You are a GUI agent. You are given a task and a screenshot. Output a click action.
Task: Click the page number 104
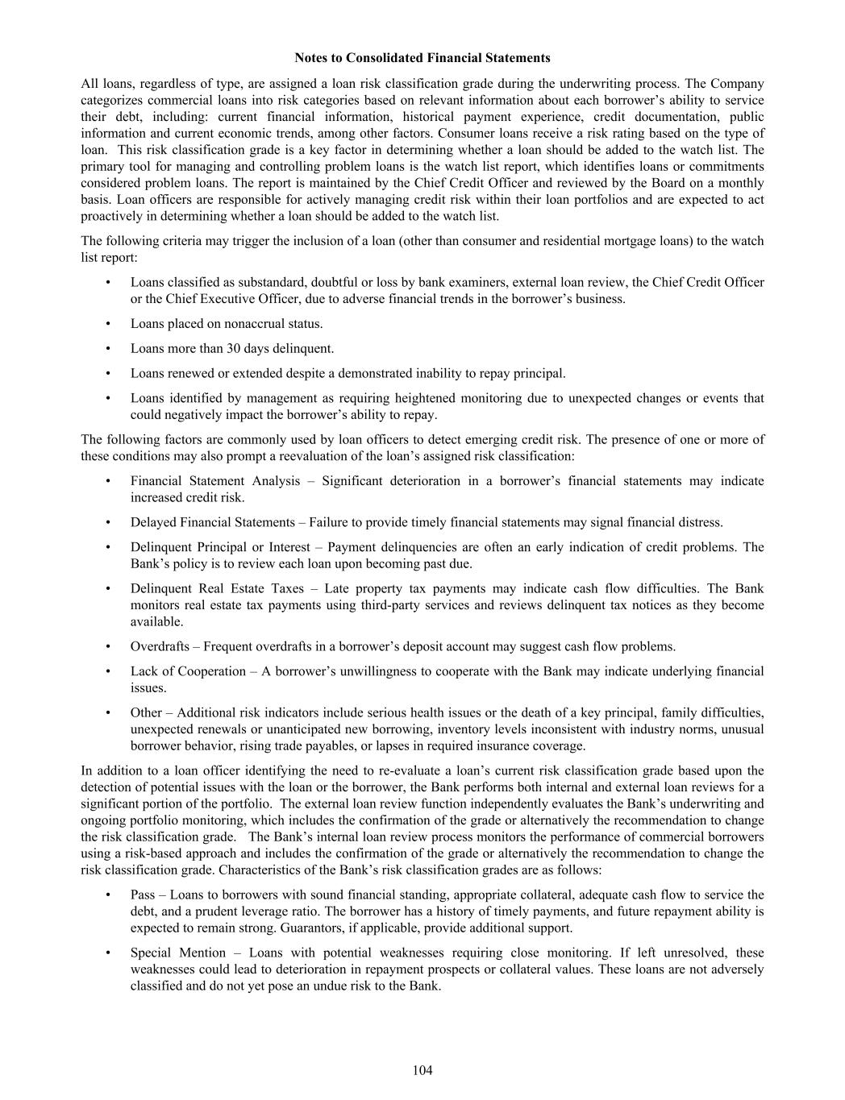tap(422, 1070)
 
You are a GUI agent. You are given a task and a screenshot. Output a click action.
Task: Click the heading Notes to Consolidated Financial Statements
tap(422, 58)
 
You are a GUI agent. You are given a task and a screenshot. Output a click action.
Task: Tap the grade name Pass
tap(143, 895)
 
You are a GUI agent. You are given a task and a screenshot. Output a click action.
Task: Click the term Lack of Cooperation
tap(188, 671)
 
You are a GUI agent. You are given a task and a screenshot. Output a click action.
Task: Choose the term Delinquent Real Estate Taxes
tap(217, 588)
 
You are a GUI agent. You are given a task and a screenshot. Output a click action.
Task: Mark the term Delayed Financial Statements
tap(213, 522)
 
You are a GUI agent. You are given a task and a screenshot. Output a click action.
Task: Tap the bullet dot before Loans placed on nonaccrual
tap(108, 324)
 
